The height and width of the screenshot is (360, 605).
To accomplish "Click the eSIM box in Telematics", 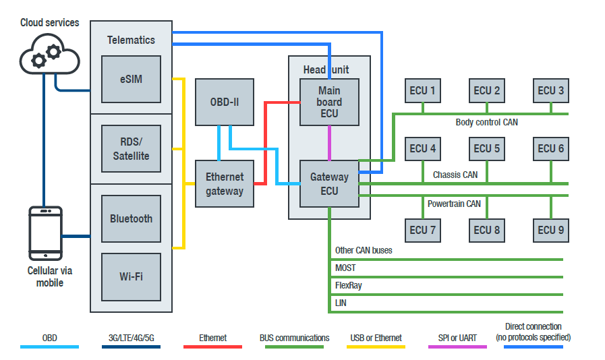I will pyautogui.click(x=131, y=80).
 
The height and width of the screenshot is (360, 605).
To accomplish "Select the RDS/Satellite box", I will pyautogui.click(x=131, y=148).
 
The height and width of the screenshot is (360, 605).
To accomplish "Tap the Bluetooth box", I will pyautogui.click(x=131, y=218).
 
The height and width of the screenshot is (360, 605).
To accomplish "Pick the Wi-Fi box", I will pyautogui.click(x=131, y=276).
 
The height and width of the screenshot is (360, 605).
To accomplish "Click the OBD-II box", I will pyautogui.click(x=225, y=102).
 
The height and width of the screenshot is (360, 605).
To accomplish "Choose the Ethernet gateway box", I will pyautogui.click(x=225, y=183).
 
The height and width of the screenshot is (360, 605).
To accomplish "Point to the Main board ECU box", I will pyautogui.click(x=329, y=102).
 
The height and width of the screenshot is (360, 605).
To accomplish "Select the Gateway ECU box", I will pyautogui.click(x=329, y=183).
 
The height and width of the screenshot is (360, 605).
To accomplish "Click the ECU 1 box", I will pyautogui.click(x=423, y=90).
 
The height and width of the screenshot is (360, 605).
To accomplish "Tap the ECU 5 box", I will pyautogui.click(x=487, y=148).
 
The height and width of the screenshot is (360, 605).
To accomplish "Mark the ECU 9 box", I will pyautogui.click(x=551, y=230).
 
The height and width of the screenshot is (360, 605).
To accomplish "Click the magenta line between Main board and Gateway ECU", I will pyautogui.click(x=329, y=143).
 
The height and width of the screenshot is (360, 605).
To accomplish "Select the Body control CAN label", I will pyautogui.click(x=486, y=122).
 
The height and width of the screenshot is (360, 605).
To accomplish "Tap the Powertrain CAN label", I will pyautogui.click(x=454, y=203).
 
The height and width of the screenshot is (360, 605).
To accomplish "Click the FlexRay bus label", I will pyautogui.click(x=349, y=285).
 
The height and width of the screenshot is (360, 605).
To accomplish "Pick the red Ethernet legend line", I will pyautogui.click(x=212, y=347).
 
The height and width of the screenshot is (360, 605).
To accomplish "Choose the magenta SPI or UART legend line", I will pyautogui.click(x=457, y=347).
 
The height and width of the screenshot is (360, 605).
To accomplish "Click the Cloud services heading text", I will pyautogui.click(x=49, y=22).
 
